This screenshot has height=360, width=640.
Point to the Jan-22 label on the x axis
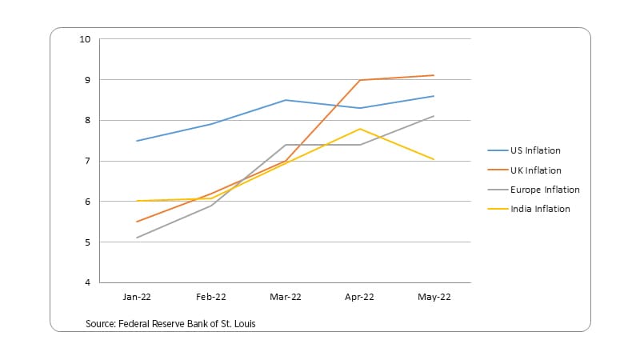(x=137, y=297)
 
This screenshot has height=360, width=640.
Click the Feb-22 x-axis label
(x=211, y=297)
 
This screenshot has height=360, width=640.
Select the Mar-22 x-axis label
(x=286, y=297)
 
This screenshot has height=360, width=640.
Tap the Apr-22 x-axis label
(x=360, y=297)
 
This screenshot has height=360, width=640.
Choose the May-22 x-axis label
(x=434, y=297)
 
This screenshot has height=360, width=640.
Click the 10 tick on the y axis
(x=85, y=39)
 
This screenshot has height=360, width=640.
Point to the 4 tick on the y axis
(x=87, y=283)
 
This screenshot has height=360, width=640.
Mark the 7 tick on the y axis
(x=87, y=161)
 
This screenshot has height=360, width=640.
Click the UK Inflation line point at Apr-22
(x=360, y=80)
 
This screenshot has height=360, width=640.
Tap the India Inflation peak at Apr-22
(x=360, y=129)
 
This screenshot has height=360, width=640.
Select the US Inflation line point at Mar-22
(x=286, y=100)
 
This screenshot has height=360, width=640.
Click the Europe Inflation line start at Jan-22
(x=137, y=238)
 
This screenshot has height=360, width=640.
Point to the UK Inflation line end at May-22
(x=434, y=75)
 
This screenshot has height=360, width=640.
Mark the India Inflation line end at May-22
(x=434, y=159)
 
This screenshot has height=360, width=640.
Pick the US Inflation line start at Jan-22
(x=137, y=141)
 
